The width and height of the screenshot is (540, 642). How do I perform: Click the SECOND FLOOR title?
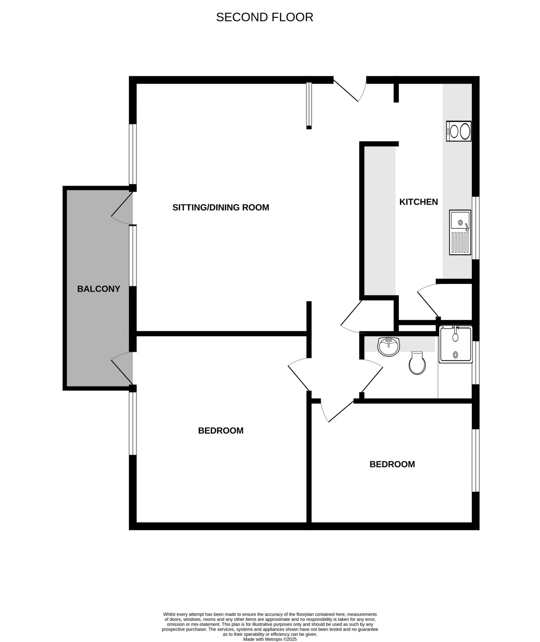pos(264,17)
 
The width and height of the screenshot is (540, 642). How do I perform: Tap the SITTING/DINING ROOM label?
pos(221,208)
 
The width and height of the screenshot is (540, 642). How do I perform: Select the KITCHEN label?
pos(418,202)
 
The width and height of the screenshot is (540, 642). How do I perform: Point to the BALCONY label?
pos(98,289)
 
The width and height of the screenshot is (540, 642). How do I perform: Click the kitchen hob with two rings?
pos(458,131)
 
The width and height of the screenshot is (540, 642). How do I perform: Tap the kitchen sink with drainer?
pos(460,232)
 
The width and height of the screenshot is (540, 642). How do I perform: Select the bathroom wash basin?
pos(389,347)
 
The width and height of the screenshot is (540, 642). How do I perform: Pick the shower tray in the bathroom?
pos(456,344)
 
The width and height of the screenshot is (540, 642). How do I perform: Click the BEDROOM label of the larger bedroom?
pos(221,431)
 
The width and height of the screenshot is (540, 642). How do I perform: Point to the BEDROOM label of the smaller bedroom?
pos(392,464)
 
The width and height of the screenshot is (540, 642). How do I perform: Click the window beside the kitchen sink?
pos(476,228)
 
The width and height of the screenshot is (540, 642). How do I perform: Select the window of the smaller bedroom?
pos(476,464)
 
